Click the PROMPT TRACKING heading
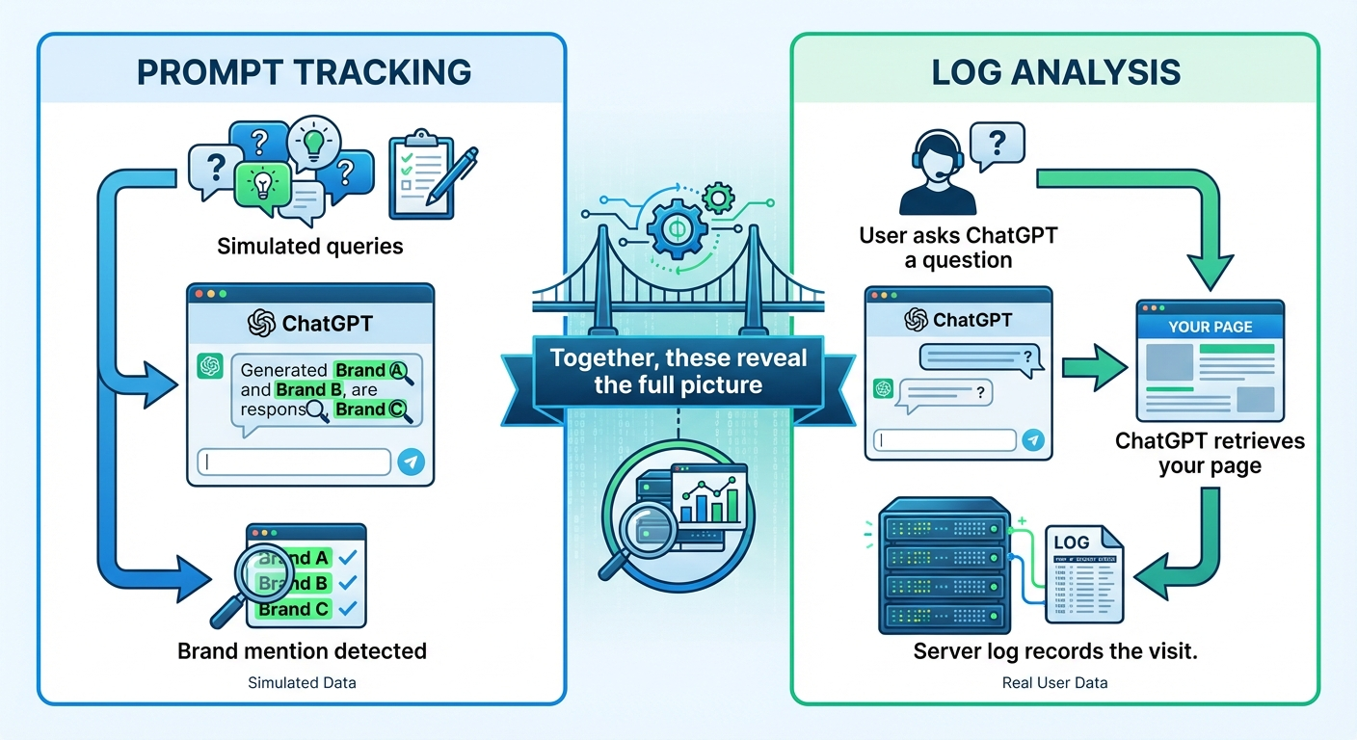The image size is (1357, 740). (x=304, y=73)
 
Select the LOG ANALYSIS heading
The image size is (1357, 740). (x=1055, y=73)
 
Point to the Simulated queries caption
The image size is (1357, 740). (x=309, y=246)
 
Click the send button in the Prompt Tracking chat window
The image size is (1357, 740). (x=411, y=462)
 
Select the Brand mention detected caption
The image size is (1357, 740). (x=302, y=650)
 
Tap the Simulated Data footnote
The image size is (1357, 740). (x=302, y=682)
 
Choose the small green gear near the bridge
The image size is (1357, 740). (x=718, y=199)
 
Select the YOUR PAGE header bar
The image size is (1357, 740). (x=1210, y=327)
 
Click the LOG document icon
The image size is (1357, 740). (x=1084, y=573)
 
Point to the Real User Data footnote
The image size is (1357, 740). (x=1055, y=682)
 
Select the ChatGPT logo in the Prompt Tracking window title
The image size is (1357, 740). (x=261, y=323)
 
